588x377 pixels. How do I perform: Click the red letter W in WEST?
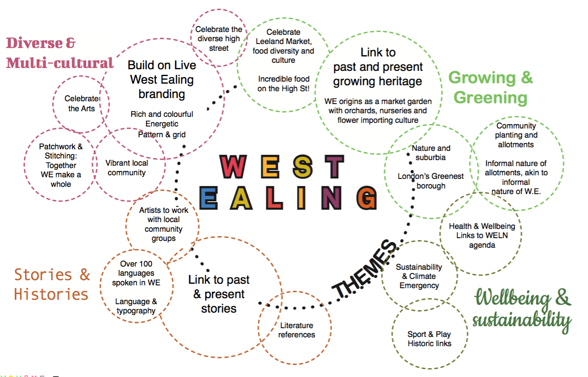pyautogui.click(x=233, y=166)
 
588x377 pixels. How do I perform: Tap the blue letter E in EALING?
pyautogui.click(x=208, y=198)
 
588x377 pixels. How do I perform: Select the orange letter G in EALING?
pyautogui.click(x=367, y=198)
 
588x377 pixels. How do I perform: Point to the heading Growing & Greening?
pyautogui.click(x=490, y=88)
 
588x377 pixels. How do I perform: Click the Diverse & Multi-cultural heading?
pyautogui.click(x=60, y=53)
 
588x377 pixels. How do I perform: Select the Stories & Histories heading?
pyautogui.click(x=52, y=284)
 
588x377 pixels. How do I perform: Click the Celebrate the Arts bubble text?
pyautogui.click(x=82, y=103)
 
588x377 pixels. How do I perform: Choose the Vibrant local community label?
pyautogui.click(x=127, y=168)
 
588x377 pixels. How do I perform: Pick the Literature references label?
pyautogui.click(x=297, y=330)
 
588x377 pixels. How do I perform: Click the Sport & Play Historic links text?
pyautogui.click(x=429, y=339)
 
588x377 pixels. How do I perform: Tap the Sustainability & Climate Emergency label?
pyautogui.click(x=419, y=276)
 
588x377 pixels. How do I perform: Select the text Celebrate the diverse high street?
pyautogui.click(x=219, y=38)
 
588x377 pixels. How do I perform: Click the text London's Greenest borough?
pyautogui.click(x=431, y=181)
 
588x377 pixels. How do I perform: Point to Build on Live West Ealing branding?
pyautogui.click(x=162, y=79)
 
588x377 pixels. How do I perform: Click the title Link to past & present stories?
pyautogui.click(x=219, y=294)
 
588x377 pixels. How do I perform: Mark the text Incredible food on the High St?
pyautogui.click(x=283, y=84)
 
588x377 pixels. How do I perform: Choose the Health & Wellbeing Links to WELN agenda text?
pyautogui.click(x=482, y=235)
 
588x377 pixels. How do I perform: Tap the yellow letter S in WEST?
pyautogui.click(x=303, y=166)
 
